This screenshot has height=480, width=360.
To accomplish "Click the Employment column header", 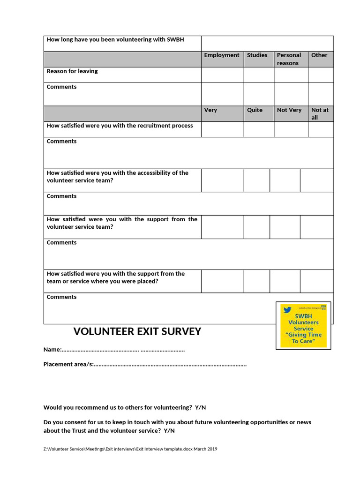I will [x=221, y=55].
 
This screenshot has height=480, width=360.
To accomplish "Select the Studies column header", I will [x=257, y=55].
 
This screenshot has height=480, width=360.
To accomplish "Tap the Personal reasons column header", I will [x=289, y=59].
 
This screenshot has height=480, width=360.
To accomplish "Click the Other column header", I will [x=319, y=55].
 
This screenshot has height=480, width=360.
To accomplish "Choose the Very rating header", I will [x=210, y=110].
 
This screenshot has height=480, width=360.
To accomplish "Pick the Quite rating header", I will [x=255, y=110].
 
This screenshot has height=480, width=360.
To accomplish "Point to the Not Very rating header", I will [x=289, y=110].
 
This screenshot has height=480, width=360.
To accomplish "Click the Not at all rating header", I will [x=320, y=113].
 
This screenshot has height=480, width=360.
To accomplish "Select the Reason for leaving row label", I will [x=72, y=71].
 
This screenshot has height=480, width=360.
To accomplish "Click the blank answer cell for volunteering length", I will [x=267, y=44].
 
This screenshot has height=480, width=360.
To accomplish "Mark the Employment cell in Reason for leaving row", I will [x=222, y=75].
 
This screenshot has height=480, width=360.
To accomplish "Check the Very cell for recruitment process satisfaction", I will [x=222, y=129].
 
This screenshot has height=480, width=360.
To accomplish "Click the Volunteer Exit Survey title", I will [x=137, y=332].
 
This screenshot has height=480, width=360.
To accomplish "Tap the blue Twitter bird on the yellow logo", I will [x=287, y=310].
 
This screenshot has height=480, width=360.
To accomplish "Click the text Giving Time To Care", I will [x=303, y=338].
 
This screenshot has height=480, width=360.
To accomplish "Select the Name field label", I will [x=52, y=350].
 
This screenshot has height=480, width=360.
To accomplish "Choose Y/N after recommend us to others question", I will [x=200, y=407].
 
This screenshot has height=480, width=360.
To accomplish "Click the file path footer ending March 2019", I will [x=130, y=449].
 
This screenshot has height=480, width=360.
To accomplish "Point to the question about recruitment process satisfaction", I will [x=120, y=126].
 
